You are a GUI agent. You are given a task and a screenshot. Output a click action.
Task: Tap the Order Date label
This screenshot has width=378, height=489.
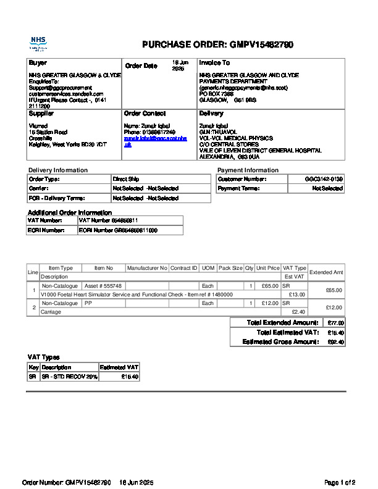point(141,66)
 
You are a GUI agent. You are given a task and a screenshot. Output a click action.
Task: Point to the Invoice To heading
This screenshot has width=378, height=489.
point(214,63)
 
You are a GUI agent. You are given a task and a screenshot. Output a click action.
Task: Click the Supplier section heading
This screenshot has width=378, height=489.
point(41,114)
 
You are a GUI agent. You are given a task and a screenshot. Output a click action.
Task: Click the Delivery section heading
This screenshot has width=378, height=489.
point(211,114)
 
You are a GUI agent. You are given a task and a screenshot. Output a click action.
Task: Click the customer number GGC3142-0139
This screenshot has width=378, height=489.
point(324,179)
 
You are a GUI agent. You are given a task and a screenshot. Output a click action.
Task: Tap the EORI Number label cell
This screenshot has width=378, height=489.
point(46,230)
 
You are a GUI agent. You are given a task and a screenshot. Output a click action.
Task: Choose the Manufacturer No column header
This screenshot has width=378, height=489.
point(146,268)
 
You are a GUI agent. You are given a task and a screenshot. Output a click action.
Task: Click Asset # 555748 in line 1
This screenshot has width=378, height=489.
point(103,286)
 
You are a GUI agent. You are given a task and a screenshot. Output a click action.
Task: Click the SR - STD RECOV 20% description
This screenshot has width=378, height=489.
point(69,377)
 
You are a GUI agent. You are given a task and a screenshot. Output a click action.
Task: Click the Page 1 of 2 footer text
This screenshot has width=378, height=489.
point(340,482)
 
